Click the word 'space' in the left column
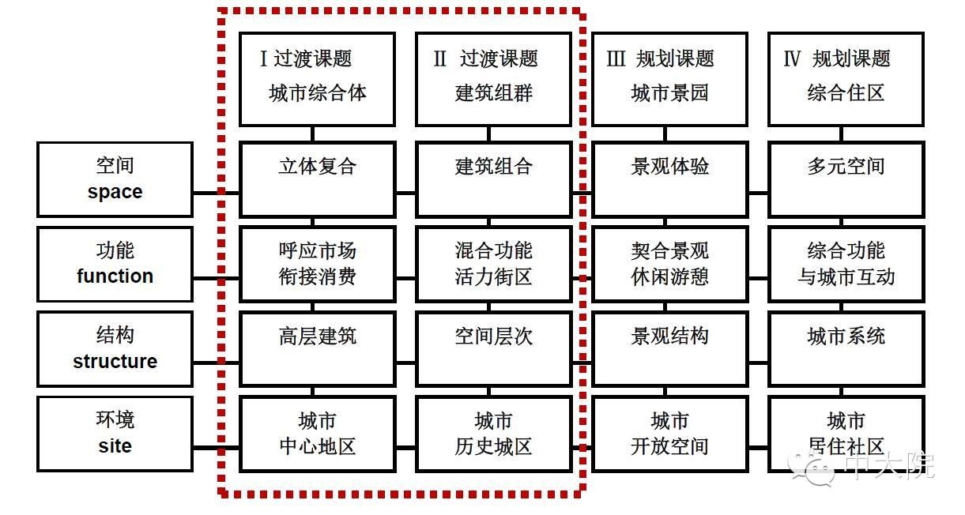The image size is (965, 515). point(115,192)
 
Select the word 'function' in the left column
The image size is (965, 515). point(115,276)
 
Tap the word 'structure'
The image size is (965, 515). point(115,361)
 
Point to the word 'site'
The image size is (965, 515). point(115,445)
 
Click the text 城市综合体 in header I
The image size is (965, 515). point(318,93)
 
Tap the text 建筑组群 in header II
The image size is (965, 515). point(494,93)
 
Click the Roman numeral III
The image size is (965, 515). point(616,58)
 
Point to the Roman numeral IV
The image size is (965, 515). point(792,58)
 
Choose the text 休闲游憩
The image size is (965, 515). point(670,276)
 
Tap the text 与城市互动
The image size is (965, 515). point(846,276)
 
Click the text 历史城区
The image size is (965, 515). point(494,446)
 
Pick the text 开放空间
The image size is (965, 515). point(670,446)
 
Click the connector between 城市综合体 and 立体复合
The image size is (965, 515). point(313,134)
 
